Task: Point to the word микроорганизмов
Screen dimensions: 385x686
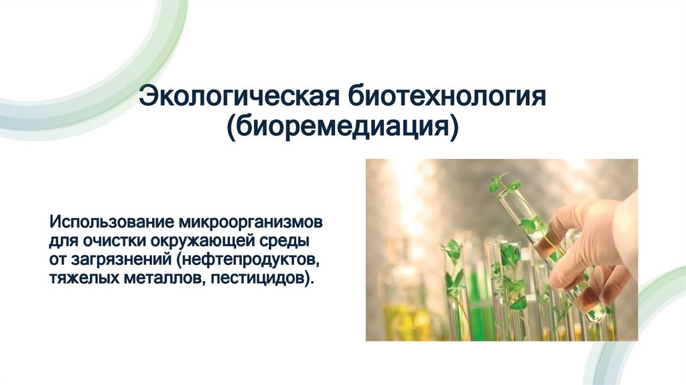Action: pyautogui.click(x=252, y=222)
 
